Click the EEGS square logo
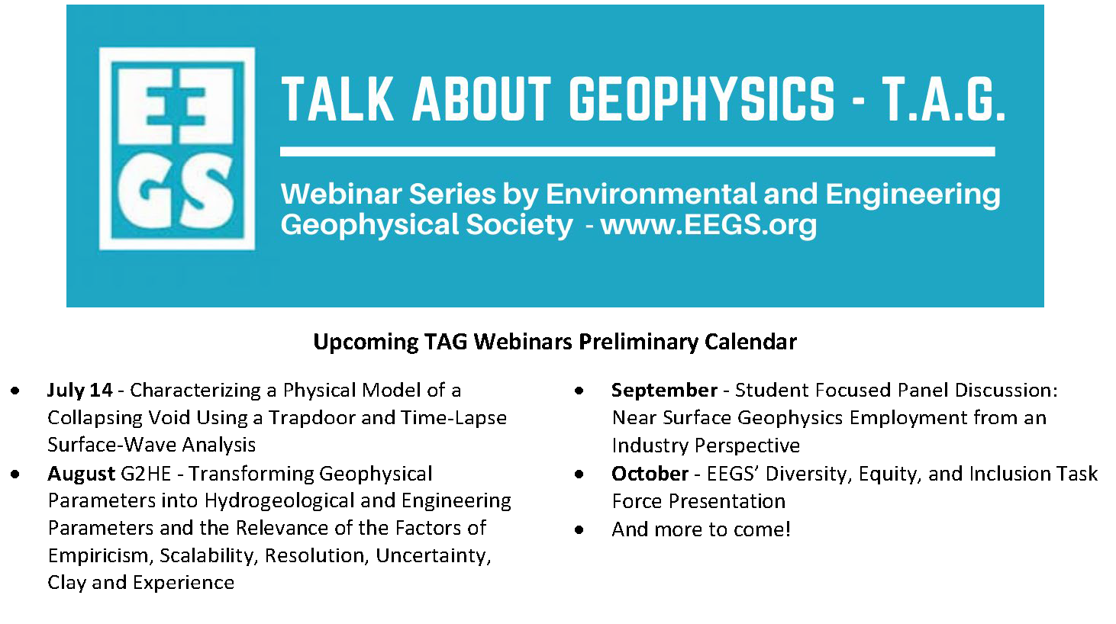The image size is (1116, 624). (x=177, y=149)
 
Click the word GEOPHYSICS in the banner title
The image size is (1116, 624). (x=702, y=99)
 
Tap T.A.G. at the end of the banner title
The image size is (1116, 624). (x=943, y=99)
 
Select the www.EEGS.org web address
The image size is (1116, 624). (x=708, y=225)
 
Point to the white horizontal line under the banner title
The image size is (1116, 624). (x=637, y=152)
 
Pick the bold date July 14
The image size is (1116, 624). (x=79, y=390)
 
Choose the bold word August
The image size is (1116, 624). (x=81, y=474)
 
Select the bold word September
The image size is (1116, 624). (x=664, y=391)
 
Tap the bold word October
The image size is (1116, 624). (x=650, y=474)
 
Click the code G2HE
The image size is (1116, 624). (x=146, y=474)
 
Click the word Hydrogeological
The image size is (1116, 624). (x=279, y=501)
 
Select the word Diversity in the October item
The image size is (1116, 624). (x=806, y=474)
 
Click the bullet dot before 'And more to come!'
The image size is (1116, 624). (x=579, y=530)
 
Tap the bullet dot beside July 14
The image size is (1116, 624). (x=15, y=391)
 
